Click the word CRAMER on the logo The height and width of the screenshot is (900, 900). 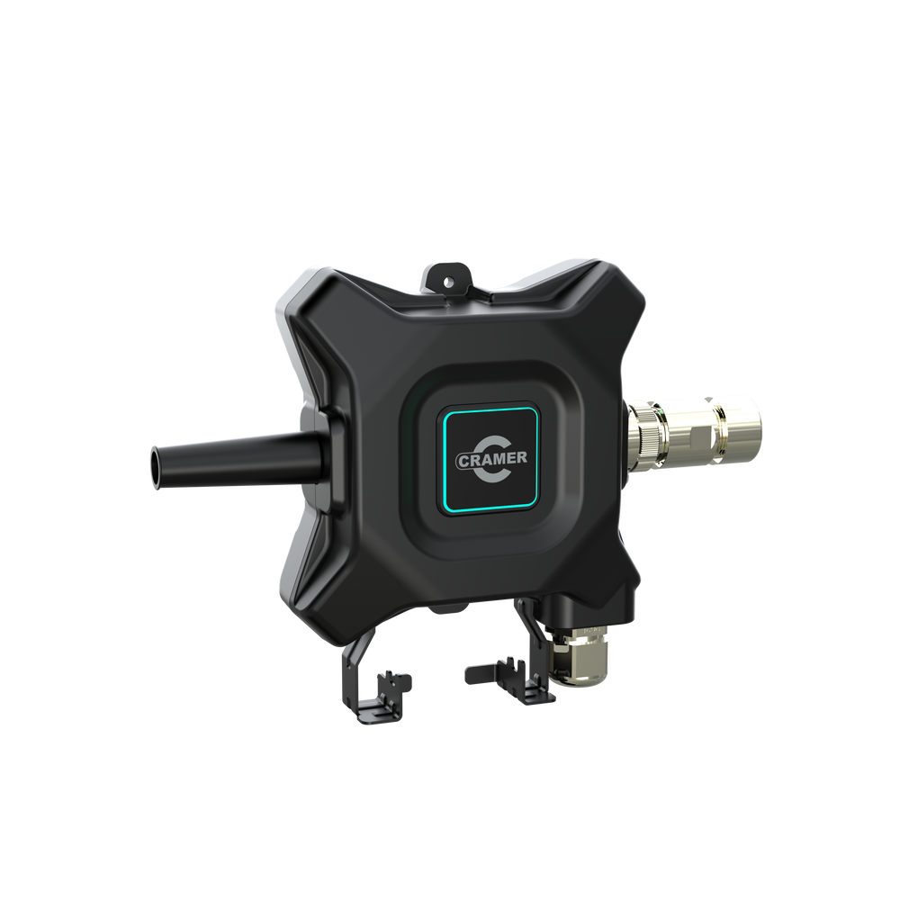pos(491,459)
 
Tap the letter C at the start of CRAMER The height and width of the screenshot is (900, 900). pos(463,461)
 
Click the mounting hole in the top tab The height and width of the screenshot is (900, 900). pos(448,281)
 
